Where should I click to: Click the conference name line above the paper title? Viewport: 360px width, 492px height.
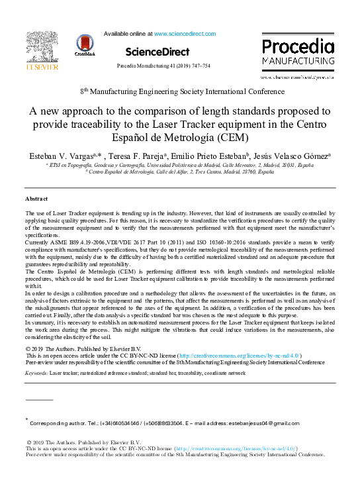[177, 90]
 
